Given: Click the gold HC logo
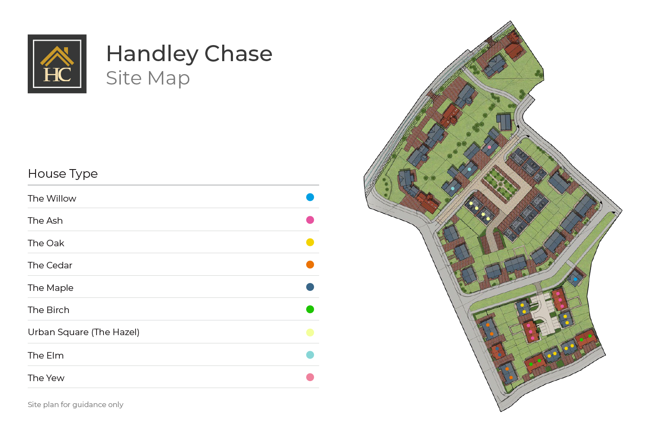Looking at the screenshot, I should pyautogui.click(x=57, y=64).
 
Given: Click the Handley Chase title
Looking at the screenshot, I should pyautogui.click(x=189, y=54).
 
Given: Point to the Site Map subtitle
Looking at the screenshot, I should pyautogui.click(x=148, y=78).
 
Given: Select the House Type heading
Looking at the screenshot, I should pyautogui.click(x=63, y=174).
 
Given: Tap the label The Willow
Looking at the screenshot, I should pyautogui.click(x=52, y=199).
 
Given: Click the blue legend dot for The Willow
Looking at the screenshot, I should pyautogui.click(x=310, y=197).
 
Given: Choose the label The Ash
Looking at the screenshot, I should pyautogui.click(x=45, y=221).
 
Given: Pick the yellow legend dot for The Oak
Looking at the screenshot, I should pyautogui.click(x=310, y=242).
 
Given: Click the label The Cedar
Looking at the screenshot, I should pyautogui.click(x=50, y=265).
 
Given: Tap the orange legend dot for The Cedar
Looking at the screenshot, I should pyautogui.click(x=310, y=264).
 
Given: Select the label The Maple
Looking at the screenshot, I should pyautogui.click(x=51, y=288).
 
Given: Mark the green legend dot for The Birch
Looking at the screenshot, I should pyautogui.click(x=310, y=309).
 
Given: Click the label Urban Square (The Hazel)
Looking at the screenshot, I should pyautogui.click(x=84, y=332).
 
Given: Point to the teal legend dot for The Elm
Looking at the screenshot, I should pyautogui.click(x=310, y=355).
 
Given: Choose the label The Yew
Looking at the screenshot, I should pyautogui.click(x=46, y=378).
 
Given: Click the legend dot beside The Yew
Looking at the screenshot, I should pyautogui.click(x=310, y=377).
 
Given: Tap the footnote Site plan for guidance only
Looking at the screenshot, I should pyautogui.click(x=75, y=405).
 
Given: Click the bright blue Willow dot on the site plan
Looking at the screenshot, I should pyautogui.click(x=575, y=280).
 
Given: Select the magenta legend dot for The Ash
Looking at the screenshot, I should pyautogui.click(x=310, y=220).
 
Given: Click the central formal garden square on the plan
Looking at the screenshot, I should pyautogui.click(x=500, y=185).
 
